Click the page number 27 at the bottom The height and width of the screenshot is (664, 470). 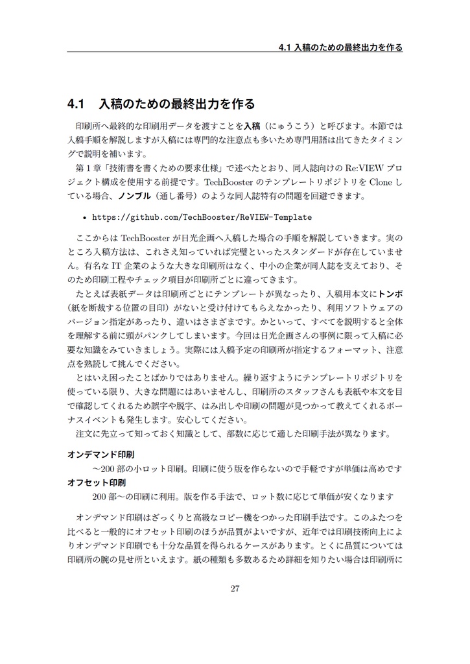click(235, 589)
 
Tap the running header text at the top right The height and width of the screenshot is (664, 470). click(340, 47)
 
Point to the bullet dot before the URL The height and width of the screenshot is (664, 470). click(86, 217)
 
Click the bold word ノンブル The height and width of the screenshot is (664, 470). click(133, 195)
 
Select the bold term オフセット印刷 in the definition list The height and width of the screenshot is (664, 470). click(97, 483)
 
